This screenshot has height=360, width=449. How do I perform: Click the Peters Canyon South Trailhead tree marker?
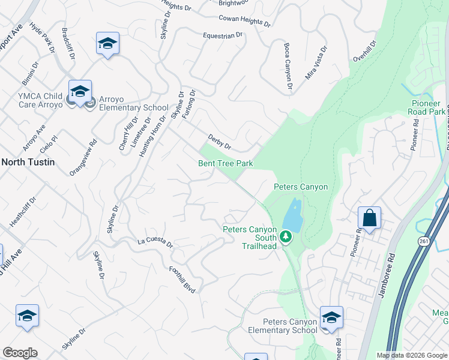[286, 238]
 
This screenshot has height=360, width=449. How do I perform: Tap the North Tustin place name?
[28, 161]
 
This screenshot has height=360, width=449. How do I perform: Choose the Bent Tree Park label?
[226, 163]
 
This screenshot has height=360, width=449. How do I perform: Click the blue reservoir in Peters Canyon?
[292, 217]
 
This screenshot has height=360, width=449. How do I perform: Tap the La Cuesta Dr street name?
[155, 243]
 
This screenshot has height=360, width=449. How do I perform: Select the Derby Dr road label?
[219, 143]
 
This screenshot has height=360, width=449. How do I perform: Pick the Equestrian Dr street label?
[223, 35]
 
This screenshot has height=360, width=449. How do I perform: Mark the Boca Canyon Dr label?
[287, 66]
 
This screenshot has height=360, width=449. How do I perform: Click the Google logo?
[20, 353]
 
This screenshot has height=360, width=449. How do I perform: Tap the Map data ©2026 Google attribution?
[412, 355]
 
